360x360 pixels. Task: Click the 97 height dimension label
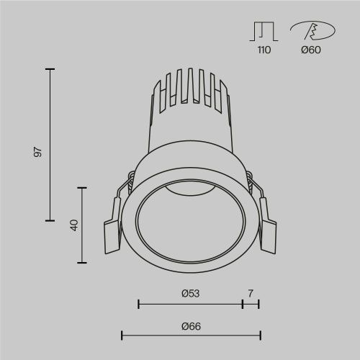(39, 152)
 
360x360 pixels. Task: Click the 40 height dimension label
(73, 225)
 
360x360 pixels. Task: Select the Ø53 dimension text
(190, 293)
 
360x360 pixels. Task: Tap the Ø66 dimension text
(191, 326)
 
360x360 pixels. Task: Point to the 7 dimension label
(251, 293)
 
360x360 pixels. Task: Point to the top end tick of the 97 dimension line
(50, 69)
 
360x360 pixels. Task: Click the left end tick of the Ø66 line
(122, 335)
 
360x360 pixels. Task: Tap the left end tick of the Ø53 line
(138, 305)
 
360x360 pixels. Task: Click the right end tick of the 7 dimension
(258, 305)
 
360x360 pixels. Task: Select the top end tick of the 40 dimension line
(84, 187)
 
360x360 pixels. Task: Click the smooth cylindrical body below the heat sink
(190, 137)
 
